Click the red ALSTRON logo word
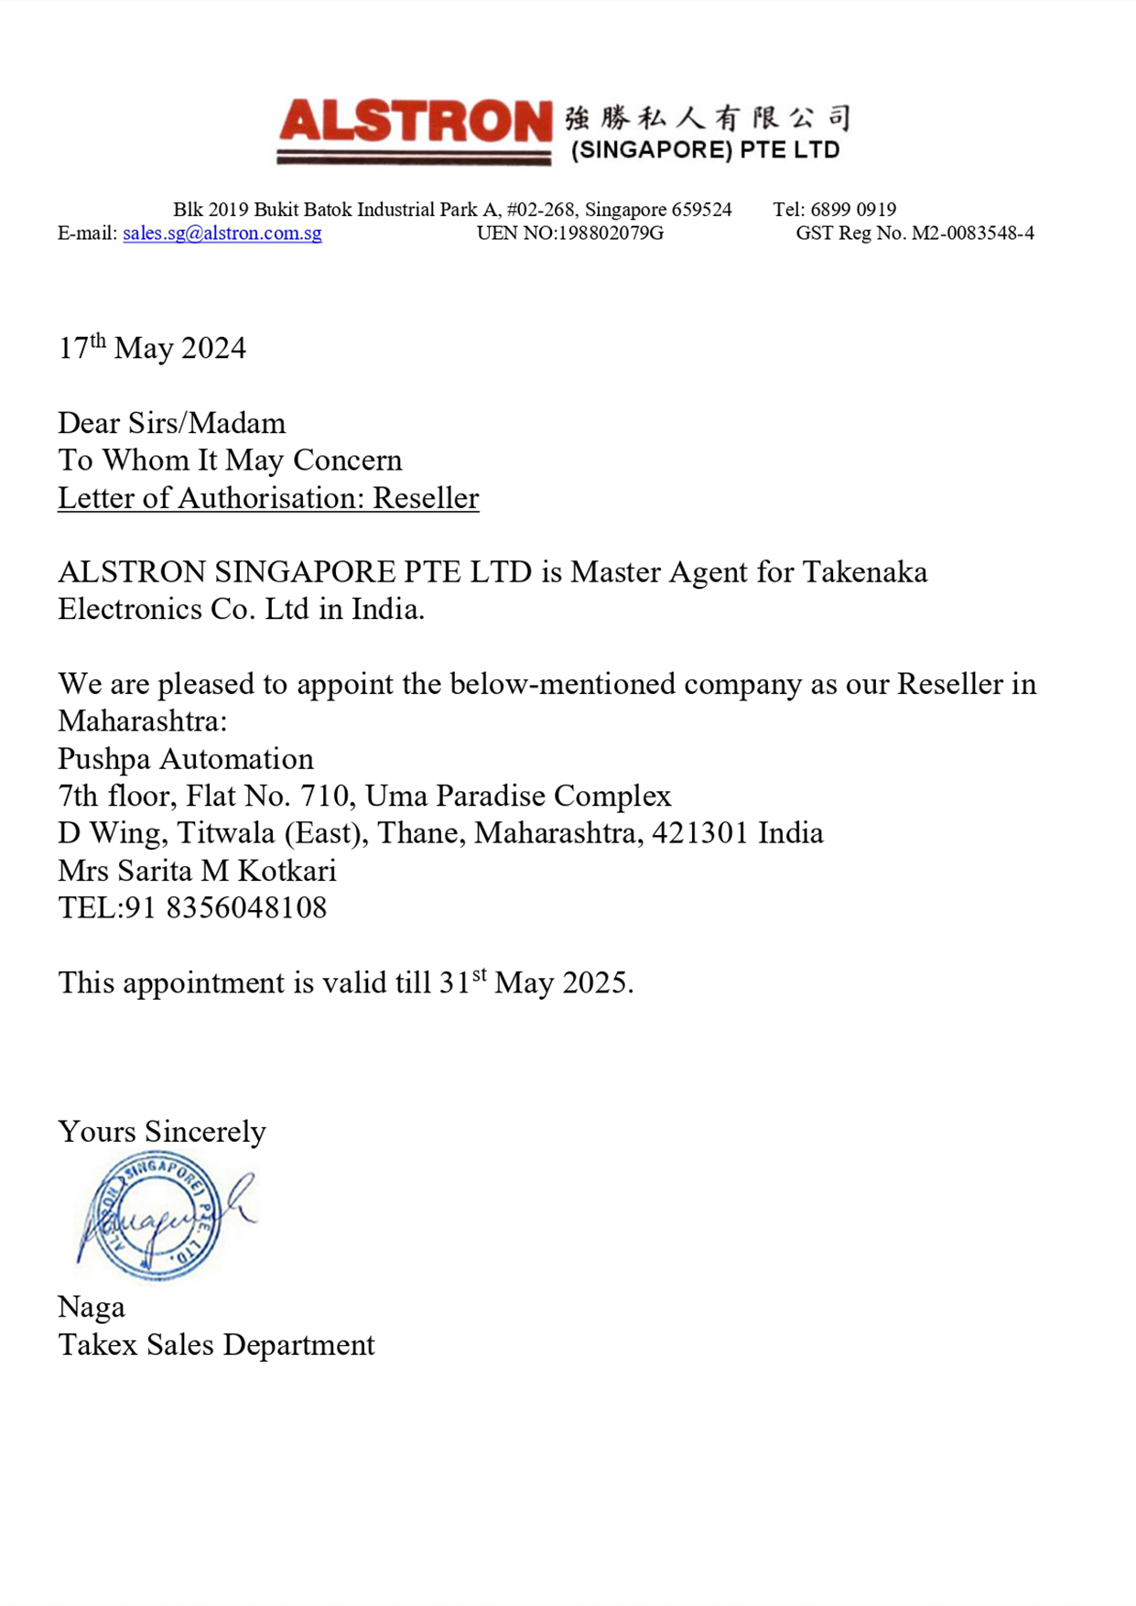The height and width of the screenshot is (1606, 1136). [x=415, y=123]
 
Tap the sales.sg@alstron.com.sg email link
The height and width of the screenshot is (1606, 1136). [x=222, y=233]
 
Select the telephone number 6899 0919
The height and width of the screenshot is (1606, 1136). [x=853, y=210]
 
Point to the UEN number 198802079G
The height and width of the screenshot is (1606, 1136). [x=611, y=233]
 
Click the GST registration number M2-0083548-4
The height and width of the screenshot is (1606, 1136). [x=972, y=233]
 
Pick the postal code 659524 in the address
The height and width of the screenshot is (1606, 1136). [x=701, y=210]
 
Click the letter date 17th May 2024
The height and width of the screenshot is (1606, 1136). [x=152, y=348]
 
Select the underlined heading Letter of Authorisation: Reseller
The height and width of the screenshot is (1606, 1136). [x=268, y=498]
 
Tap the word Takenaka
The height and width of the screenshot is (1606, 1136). [x=865, y=572]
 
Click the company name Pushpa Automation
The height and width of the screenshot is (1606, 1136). [x=186, y=759]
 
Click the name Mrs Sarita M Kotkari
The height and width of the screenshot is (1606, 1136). [x=197, y=871]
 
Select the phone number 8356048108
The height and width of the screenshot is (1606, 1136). [x=246, y=908]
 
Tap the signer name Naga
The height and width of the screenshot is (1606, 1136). [x=92, y=1308]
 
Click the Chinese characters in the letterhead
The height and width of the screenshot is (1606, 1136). [x=707, y=118]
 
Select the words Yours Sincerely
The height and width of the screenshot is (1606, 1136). [x=162, y=1132]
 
